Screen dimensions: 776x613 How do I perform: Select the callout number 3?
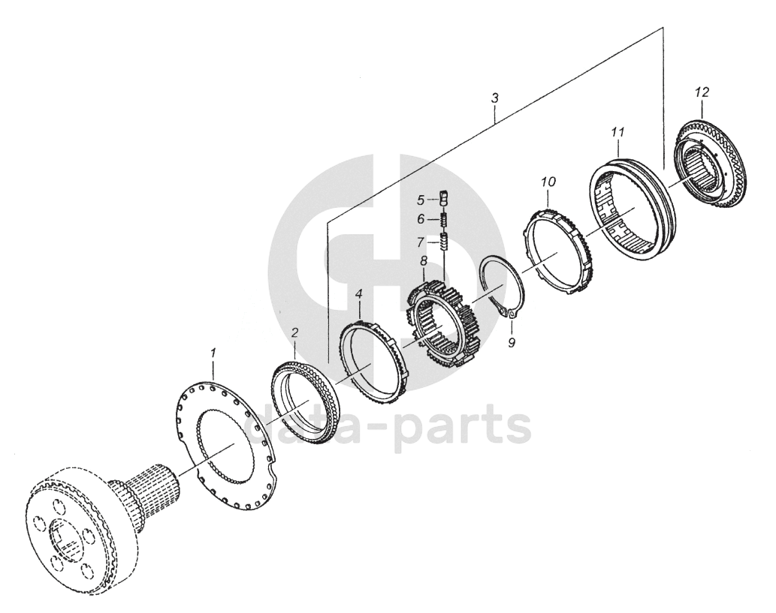pos(494,98)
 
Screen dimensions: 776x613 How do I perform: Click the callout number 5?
pos(422,200)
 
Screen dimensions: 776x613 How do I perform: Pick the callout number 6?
pos(422,219)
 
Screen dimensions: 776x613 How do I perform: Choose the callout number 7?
pos(422,242)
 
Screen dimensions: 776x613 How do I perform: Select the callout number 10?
pos(548,182)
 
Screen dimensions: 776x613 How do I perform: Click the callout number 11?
pos(617,132)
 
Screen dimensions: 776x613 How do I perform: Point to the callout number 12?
pos(702,92)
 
